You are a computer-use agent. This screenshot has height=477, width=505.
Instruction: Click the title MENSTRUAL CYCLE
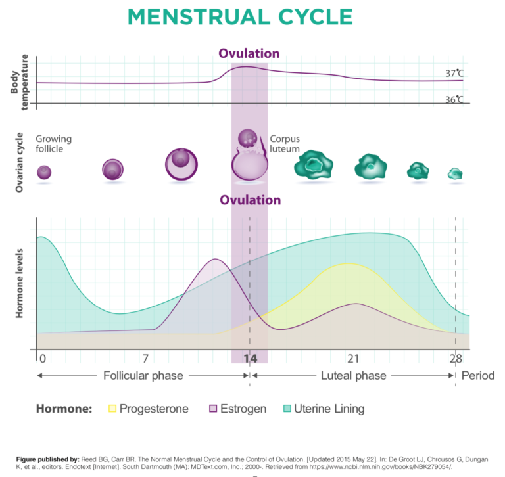tap(250, 18)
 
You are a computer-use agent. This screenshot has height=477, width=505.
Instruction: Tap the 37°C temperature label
tap(454, 74)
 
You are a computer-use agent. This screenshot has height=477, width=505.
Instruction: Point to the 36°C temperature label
tap(454, 100)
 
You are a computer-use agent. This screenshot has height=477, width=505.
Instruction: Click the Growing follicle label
tap(54, 144)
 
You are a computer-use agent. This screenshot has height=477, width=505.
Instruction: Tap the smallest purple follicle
tap(44, 172)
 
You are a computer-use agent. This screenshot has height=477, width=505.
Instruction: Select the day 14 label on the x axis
tap(250, 359)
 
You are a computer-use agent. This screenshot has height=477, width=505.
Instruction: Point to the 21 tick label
tap(353, 359)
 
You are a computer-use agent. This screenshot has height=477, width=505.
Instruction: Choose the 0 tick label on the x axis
tap(43, 359)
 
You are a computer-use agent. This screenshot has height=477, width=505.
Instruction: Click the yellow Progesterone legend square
tap(112, 409)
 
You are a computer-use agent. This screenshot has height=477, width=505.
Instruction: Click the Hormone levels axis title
tap(20, 283)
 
